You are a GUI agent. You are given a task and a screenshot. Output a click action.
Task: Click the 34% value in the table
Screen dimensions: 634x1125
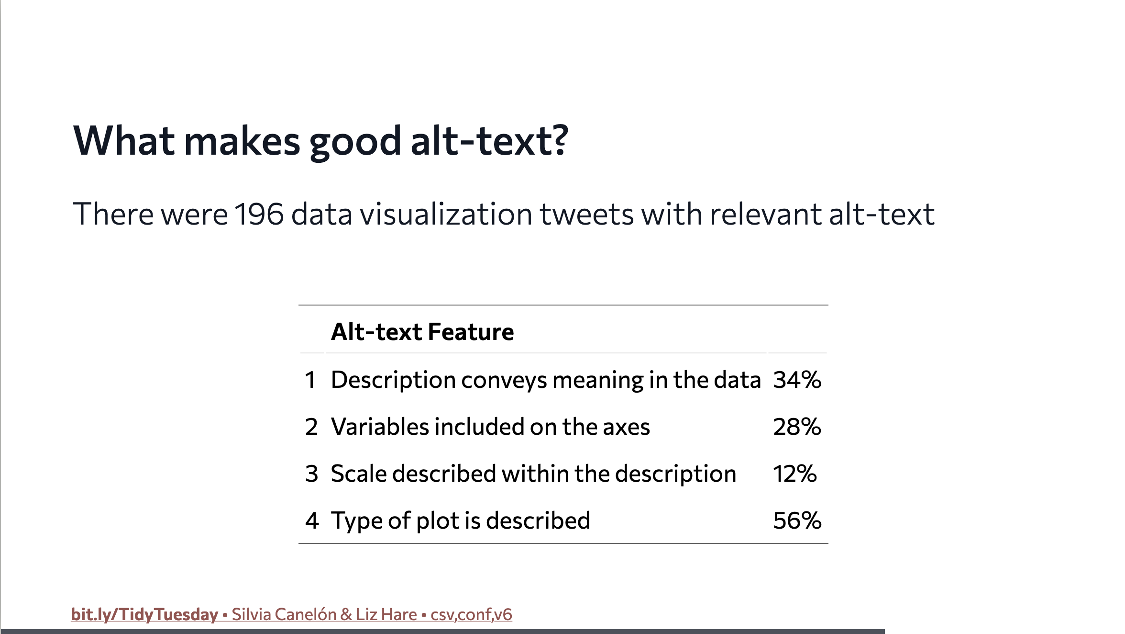click(x=797, y=380)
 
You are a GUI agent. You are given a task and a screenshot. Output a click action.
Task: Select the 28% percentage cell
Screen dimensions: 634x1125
click(x=797, y=427)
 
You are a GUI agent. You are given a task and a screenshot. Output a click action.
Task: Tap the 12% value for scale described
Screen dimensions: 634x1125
click(x=794, y=474)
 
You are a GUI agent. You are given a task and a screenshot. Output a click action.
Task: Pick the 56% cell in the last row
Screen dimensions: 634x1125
click(x=797, y=521)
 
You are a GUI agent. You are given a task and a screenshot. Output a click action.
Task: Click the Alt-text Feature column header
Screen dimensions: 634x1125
click(x=422, y=332)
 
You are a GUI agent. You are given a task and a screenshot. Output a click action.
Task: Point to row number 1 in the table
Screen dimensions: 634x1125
click(x=310, y=380)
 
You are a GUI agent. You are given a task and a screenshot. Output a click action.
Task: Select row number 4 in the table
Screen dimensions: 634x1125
click(x=312, y=521)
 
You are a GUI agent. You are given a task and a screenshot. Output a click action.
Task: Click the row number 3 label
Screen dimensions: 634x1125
click(x=312, y=474)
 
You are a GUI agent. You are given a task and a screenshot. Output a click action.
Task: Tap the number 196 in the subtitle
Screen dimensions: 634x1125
click(x=259, y=214)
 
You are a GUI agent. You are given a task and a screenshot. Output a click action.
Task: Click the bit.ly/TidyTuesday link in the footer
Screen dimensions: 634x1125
click(x=144, y=614)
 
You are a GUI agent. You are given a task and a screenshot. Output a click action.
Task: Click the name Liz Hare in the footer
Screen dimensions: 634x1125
click(x=386, y=614)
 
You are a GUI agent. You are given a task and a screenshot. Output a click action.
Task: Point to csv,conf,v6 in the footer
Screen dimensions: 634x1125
click(x=471, y=614)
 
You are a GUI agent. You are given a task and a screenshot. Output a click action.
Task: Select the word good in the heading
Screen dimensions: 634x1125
click(x=355, y=142)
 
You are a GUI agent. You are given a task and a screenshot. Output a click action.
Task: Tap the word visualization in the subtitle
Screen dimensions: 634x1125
click(x=446, y=214)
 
